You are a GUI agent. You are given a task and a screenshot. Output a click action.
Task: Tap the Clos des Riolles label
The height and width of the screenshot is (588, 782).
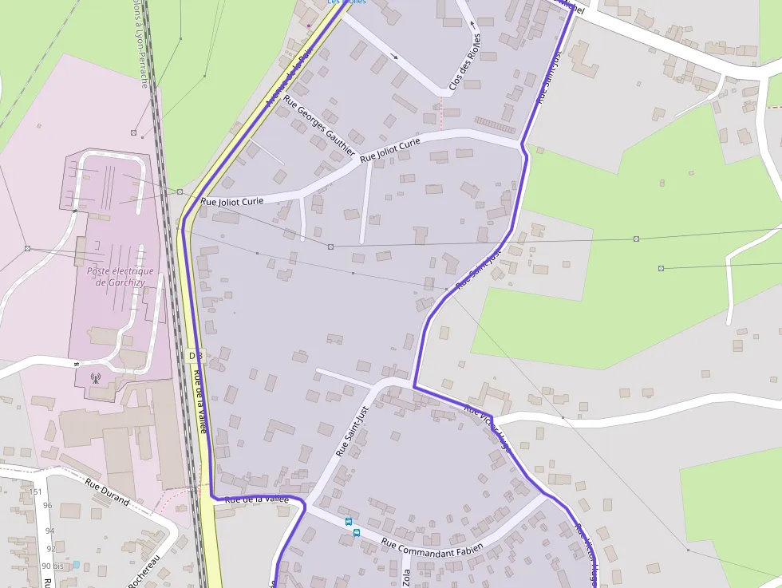point(465,65)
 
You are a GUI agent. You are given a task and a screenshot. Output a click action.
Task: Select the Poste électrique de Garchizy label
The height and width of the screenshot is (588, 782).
point(119,276)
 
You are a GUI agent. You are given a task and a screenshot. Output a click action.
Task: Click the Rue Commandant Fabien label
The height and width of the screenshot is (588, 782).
point(432,548)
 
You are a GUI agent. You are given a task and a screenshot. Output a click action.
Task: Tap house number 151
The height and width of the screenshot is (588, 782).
point(35,491)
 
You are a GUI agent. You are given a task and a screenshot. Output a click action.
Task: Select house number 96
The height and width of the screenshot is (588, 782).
point(47,506)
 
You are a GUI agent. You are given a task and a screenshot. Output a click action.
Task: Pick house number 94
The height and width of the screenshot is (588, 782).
point(49,531)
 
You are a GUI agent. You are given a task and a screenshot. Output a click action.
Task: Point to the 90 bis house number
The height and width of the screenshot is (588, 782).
point(52,566)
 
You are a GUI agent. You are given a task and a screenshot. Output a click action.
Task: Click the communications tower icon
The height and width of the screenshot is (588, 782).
point(96,377)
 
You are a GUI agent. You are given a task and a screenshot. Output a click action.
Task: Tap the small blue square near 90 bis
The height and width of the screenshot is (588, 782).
point(76,564)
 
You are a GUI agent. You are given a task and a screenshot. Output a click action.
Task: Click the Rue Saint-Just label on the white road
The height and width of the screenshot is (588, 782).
point(352,432)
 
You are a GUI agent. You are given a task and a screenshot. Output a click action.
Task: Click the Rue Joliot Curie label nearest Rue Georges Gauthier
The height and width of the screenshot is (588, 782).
point(389,150)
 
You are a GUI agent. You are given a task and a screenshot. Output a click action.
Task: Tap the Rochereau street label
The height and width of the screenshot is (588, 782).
point(144,571)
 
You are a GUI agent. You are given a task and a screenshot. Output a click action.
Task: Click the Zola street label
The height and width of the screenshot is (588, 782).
point(406,577)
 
